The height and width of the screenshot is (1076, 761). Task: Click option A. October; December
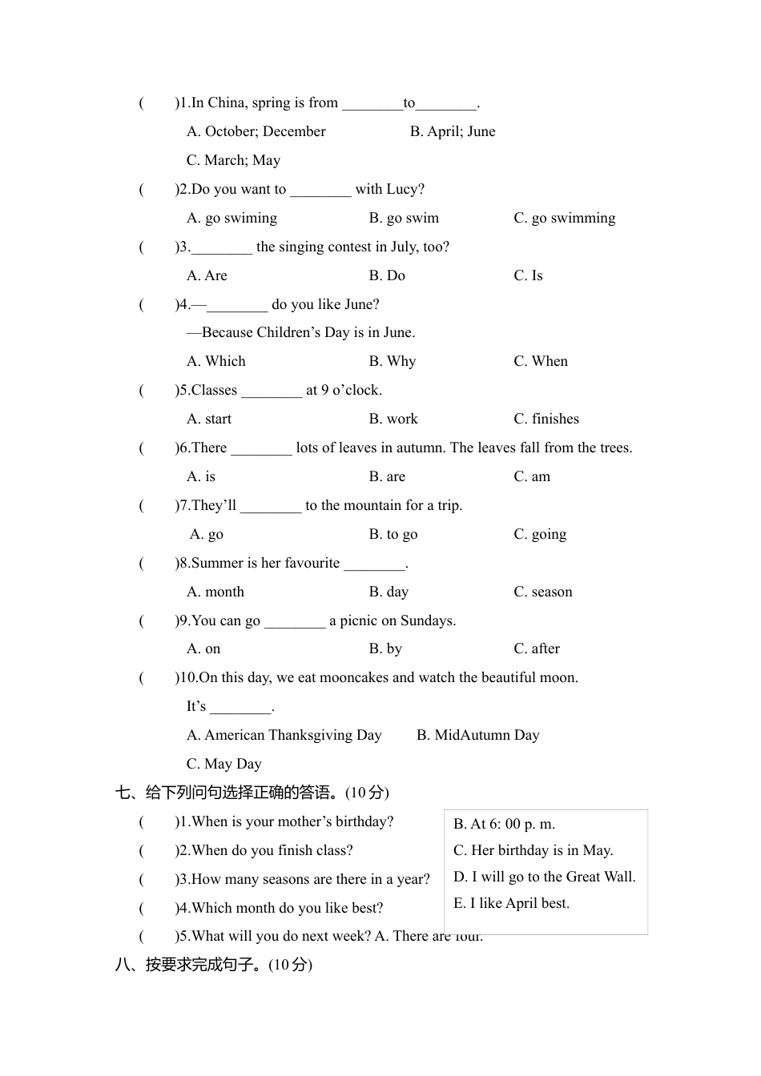pos(256,131)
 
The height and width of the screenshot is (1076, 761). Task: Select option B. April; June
pos(452,131)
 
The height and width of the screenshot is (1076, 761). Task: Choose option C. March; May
pos(233,160)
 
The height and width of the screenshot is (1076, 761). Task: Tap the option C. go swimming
pos(564,218)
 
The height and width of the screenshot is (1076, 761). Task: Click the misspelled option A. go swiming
pos(232,218)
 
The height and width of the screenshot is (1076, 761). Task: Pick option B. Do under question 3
pos(387,275)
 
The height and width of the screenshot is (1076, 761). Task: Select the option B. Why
pos(392,361)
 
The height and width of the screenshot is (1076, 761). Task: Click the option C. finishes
pos(546,419)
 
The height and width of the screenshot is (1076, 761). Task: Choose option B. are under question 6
pos(387,476)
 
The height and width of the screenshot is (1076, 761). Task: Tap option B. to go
pos(393,534)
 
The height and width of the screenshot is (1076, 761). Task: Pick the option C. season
pos(542,592)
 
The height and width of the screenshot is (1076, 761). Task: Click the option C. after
pos(536,648)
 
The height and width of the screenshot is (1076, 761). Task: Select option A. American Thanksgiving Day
pos(284,735)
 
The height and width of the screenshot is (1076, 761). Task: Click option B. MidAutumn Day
pos(477,735)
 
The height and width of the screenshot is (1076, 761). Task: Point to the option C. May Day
pos(223,764)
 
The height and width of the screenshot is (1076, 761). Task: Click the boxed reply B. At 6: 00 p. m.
pos(504,824)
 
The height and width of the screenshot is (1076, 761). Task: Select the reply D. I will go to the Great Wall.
pos(544,877)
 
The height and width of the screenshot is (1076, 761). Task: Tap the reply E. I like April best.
pos(511,903)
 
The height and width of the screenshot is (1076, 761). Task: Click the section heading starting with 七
pos(252,793)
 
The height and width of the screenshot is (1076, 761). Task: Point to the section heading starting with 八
pos(213,965)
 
